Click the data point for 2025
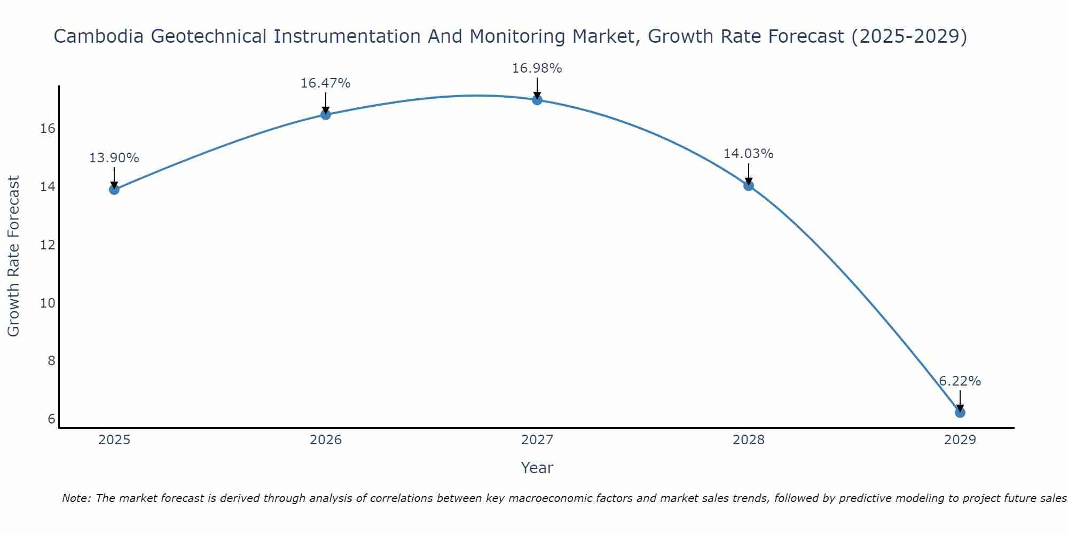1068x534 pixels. [x=114, y=189]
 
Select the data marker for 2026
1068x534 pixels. [x=325, y=114]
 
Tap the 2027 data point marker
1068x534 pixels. [x=537, y=99]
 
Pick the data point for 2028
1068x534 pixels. [x=749, y=185]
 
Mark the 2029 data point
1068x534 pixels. [x=960, y=412]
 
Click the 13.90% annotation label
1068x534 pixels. [x=114, y=158]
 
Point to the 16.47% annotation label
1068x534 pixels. [x=325, y=83]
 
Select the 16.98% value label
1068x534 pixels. [x=537, y=68]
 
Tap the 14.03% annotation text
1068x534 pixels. [x=748, y=154]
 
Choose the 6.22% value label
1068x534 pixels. [x=960, y=381]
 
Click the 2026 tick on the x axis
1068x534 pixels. [x=326, y=440]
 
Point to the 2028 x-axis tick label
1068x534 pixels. [x=749, y=440]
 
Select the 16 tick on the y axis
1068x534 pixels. [x=48, y=129]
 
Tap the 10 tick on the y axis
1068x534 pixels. [x=48, y=303]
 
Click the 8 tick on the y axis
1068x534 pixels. [x=51, y=361]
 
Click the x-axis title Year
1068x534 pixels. [x=537, y=468]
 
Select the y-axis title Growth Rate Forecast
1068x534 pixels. [x=14, y=256]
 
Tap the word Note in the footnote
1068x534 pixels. [x=76, y=498]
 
